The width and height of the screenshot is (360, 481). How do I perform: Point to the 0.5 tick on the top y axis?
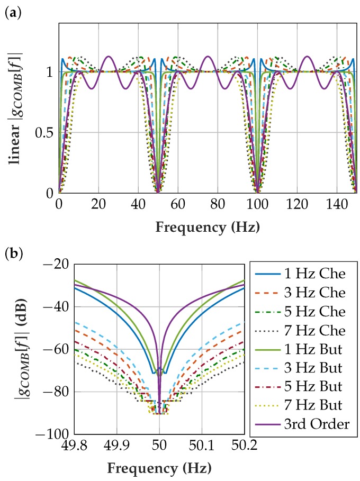coord(44,132)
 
